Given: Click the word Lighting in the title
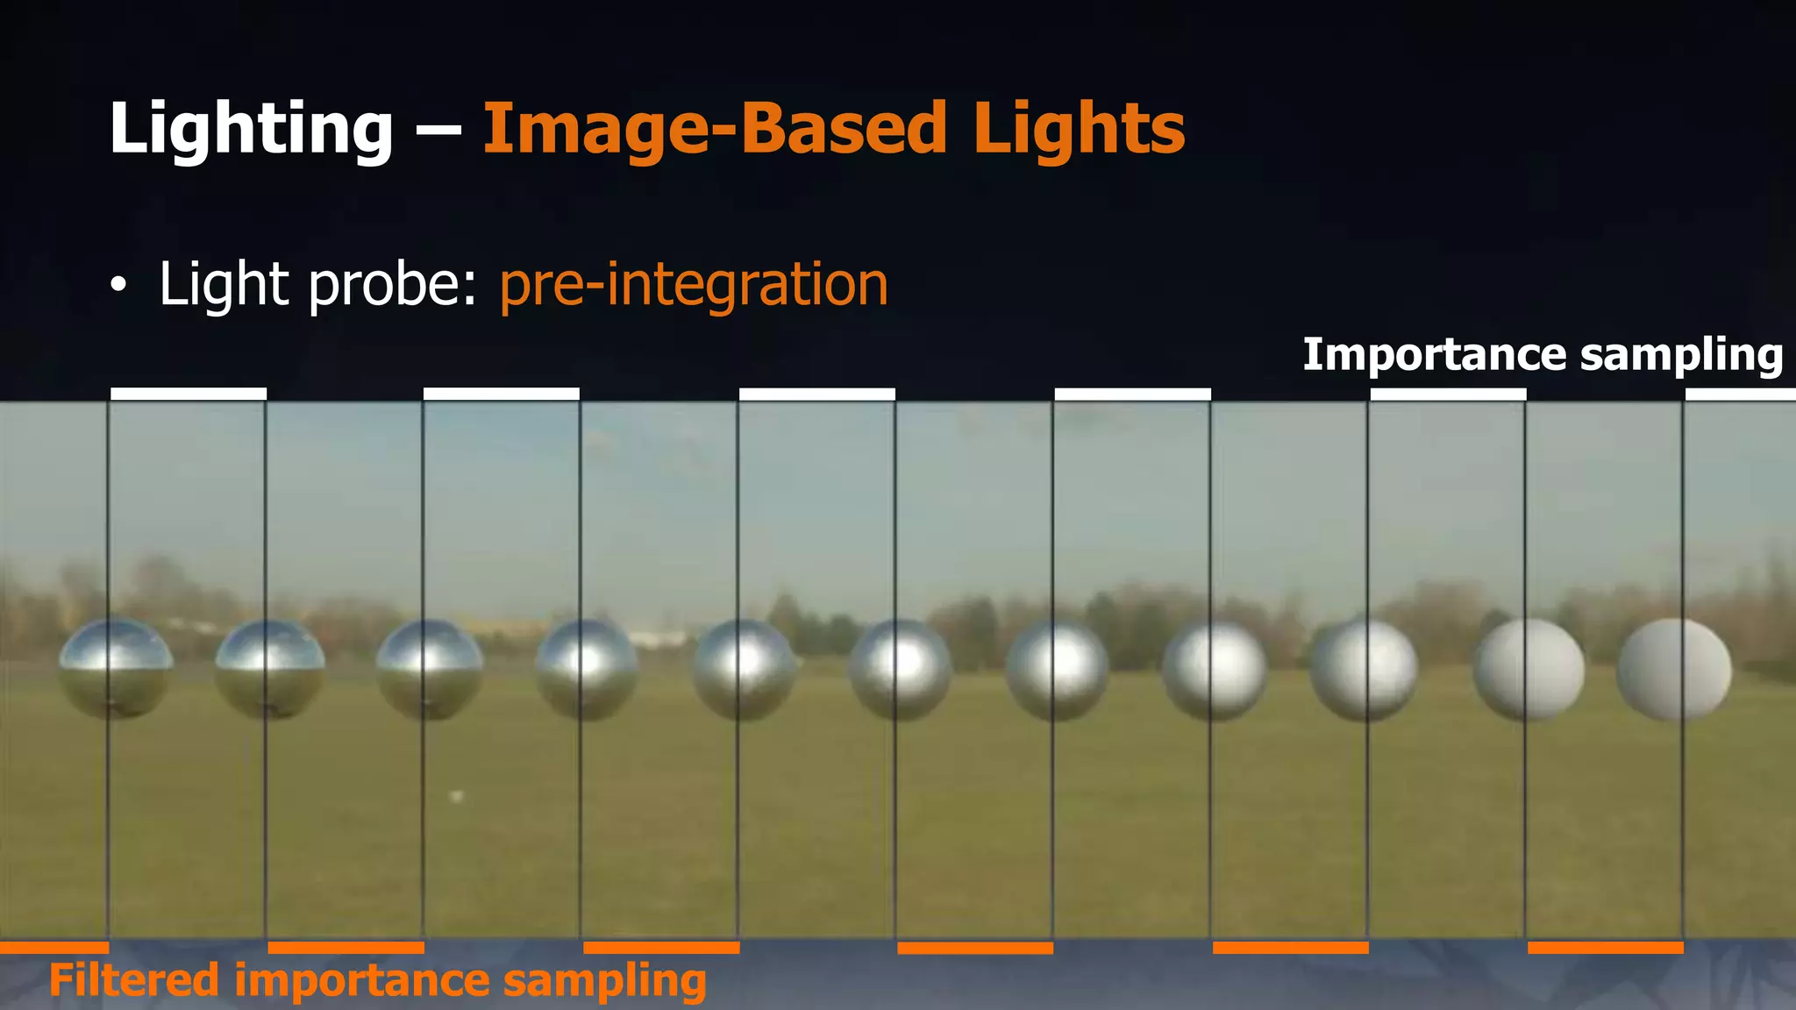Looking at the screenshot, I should [x=251, y=129].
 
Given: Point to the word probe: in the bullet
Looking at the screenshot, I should [x=392, y=285].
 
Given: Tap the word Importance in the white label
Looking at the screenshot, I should [x=1434, y=354].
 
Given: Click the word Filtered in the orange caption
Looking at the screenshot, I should [x=134, y=979].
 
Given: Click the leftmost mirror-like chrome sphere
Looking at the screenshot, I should [x=116, y=668].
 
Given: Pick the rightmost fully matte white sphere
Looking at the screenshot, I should [x=1674, y=670].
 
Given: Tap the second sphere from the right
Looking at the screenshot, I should [x=1529, y=670].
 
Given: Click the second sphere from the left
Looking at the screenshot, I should [x=269, y=668].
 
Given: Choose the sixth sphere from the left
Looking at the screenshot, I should [x=900, y=670].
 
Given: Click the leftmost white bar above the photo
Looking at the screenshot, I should [x=189, y=394].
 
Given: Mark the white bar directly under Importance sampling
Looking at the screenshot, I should [x=1448, y=395].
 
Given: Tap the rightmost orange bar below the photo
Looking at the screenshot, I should [x=1605, y=948].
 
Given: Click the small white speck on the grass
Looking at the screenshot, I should [x=456, y=796].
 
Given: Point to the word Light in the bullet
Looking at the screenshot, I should [x=224, y=285].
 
